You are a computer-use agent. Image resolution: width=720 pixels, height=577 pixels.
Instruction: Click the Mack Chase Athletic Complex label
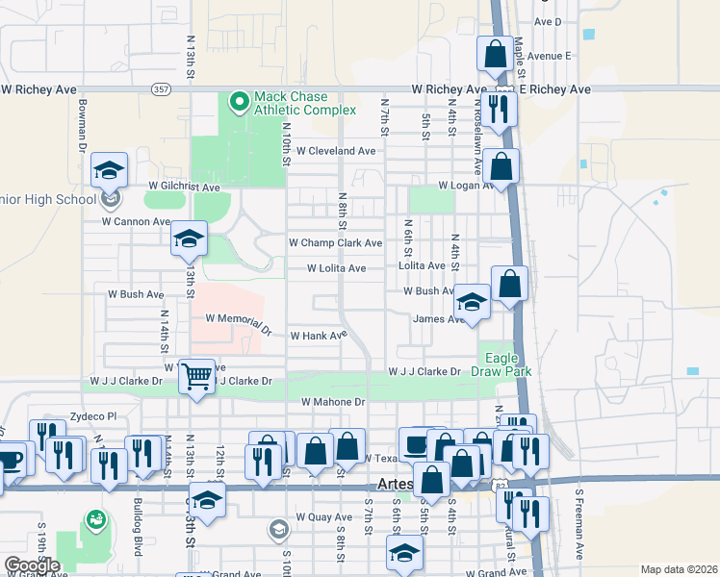click(291, 104)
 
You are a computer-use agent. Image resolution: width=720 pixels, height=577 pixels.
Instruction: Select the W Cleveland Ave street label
click(335, 151)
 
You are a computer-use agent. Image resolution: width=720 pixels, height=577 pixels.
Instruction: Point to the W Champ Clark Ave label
click(335, 243)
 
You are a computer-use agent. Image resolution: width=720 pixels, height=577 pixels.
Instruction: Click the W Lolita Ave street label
click(336, 268)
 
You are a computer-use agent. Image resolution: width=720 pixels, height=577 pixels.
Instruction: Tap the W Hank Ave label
click(318, 336)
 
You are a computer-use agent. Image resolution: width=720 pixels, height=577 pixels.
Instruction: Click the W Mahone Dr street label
click(333, 402)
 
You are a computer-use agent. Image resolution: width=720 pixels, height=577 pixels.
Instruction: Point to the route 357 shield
click(161, 89)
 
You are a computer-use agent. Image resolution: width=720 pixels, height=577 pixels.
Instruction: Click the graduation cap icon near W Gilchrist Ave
click(110, 171)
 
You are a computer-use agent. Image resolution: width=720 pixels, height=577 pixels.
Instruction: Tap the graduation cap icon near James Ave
click(472, 303)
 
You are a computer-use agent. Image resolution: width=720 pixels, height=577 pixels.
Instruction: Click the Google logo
click(31, 565)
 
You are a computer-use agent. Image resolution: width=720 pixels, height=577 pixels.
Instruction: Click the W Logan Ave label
click(466, 185)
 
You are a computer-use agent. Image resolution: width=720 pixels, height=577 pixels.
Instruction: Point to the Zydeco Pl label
click(92, 416)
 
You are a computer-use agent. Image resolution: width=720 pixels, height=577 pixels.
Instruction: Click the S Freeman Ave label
click(579, 525)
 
